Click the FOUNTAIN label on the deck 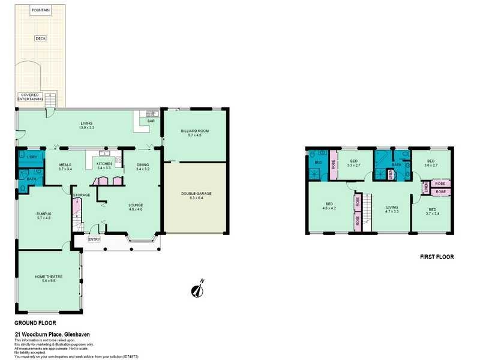(41, 10)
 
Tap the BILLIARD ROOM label (195, 133)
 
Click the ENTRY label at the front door (94, 239)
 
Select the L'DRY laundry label (30, 157)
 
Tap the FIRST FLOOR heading (436, 257)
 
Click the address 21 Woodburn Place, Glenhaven (52, 334)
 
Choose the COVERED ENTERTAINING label (32, 97)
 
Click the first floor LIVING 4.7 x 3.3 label (392, 208)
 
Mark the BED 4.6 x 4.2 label (329, 206)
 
